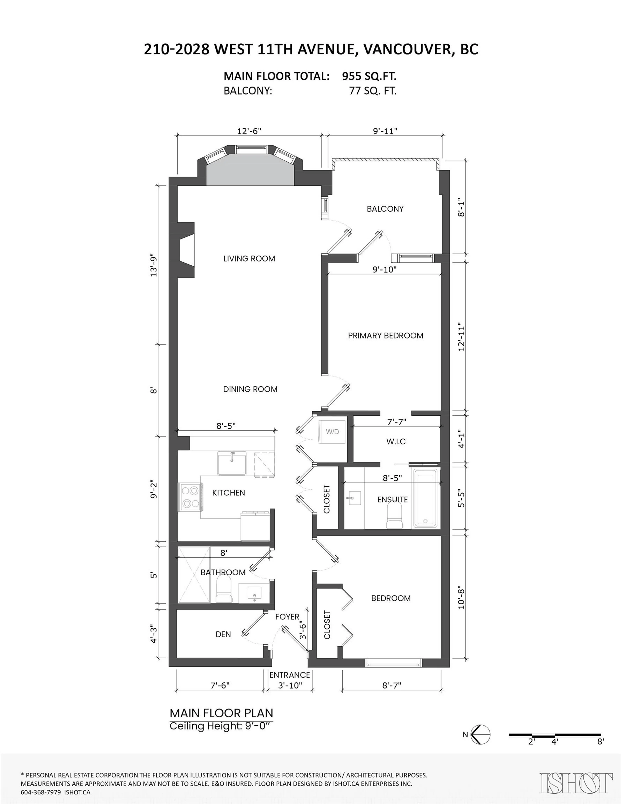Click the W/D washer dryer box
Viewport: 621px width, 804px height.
pyautogui.click(x=332, y=432)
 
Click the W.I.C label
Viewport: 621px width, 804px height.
pyautogui.click(x=396, y=441)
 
